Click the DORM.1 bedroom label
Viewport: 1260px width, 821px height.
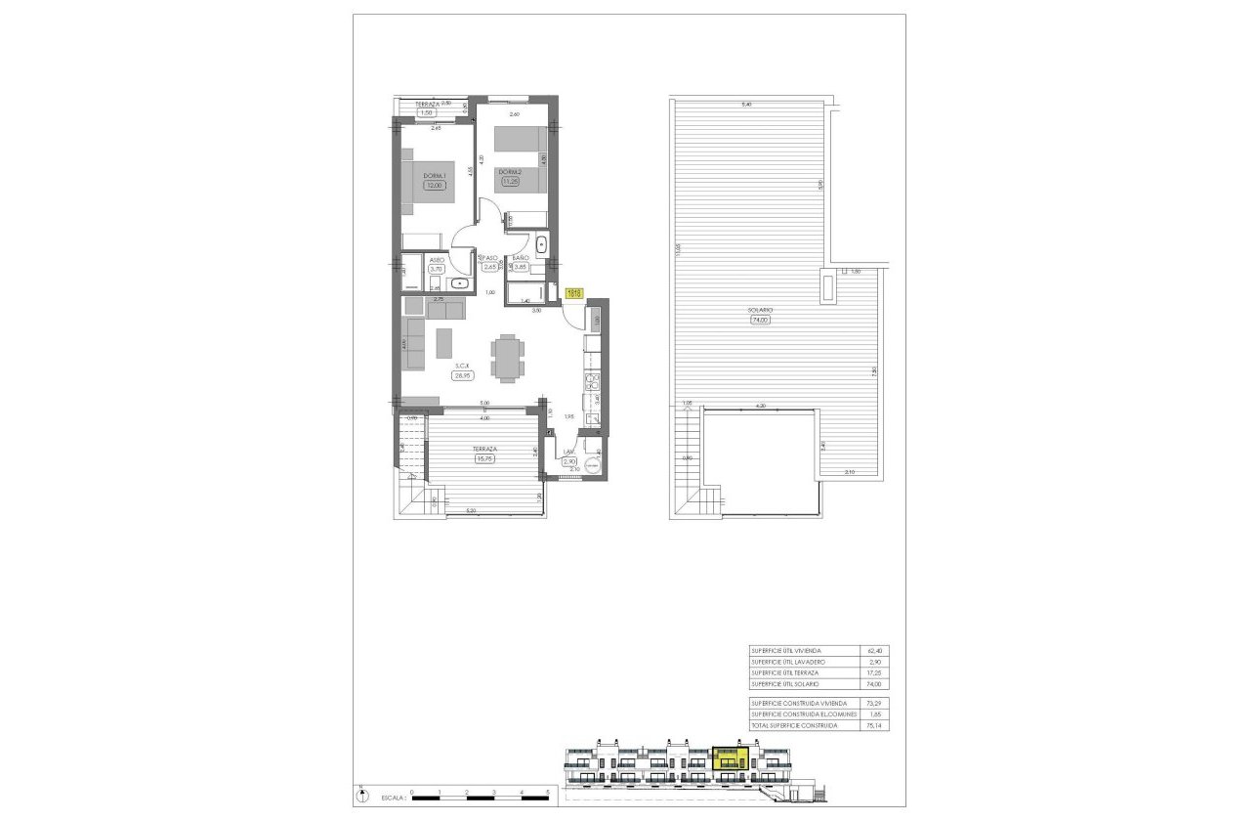(x=433, y=175)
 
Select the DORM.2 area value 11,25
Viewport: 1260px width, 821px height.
(x=510, y=180)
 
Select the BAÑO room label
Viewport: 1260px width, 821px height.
(x=521, y=257)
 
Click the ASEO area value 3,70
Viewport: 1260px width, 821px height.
(x=437, y=268)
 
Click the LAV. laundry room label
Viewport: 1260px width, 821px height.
(x=569, y=452)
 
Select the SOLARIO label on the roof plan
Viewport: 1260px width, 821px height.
(x=761, y=310)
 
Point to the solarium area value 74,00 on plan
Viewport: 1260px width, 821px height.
(x=761, y=320)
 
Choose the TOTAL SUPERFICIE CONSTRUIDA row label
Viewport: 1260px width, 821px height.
(x=794, y=726)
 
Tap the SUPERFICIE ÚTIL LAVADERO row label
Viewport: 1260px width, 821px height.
(x=789, y=662)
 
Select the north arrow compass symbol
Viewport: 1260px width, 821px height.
(x=362, y=795)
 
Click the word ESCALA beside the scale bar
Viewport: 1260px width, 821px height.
(x=386, y=797)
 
